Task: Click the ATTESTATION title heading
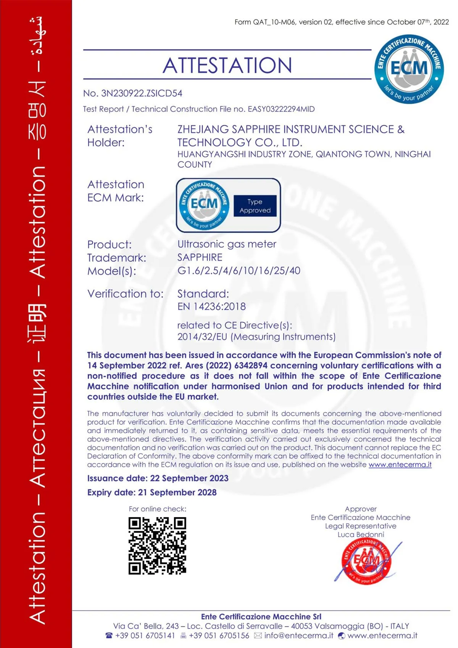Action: pyautogui.click(x=227, y=65)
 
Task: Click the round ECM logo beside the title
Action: pyautogui.click(x=409, y=69)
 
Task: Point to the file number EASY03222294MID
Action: pyautogui.click(x=281, y=109)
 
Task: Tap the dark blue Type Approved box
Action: pyautogui.click(x=255, y=206)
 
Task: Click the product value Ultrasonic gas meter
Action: pyautogui.click(x=227, y=244)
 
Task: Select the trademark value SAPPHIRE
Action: pyautogui.click(x=200, y=257)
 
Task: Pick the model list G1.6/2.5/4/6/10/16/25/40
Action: pyautogui.click(x=239, y=271)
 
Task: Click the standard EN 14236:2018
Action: pyautogui.click(x=211, y=306)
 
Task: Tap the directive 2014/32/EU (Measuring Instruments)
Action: pyautogui.click(x=256, y=337)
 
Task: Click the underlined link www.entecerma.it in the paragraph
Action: pyautogui.click(x=400, y=465)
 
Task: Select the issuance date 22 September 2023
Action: pyautogui.click(x=189, y=478)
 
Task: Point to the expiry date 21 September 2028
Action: pyautogui.click(x=177, y=492)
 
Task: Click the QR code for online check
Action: pyautogui.click(x=157, y=545)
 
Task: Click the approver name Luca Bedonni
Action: pyautogui.click(x=361, y=534)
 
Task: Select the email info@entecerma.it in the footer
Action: pyautogui.click(x=298, y=636)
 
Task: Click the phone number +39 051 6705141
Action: pyautogui.click(x=145, y=636)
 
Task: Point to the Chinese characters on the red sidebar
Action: pyautogui.click(x=37, y=322)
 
